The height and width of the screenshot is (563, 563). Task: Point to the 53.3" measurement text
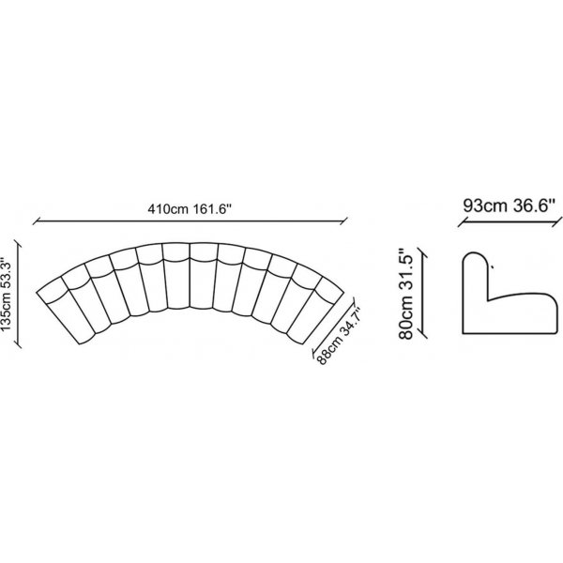pos(7,271)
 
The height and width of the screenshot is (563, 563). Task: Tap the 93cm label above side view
pos(485,206)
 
